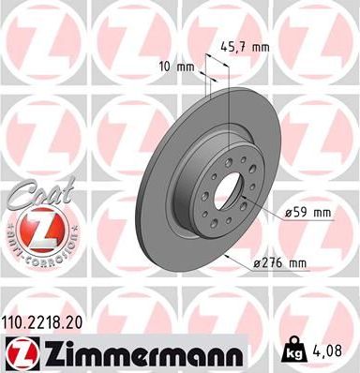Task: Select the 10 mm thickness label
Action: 175,67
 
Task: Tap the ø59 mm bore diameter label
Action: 308,212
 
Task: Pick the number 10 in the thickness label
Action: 166,67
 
